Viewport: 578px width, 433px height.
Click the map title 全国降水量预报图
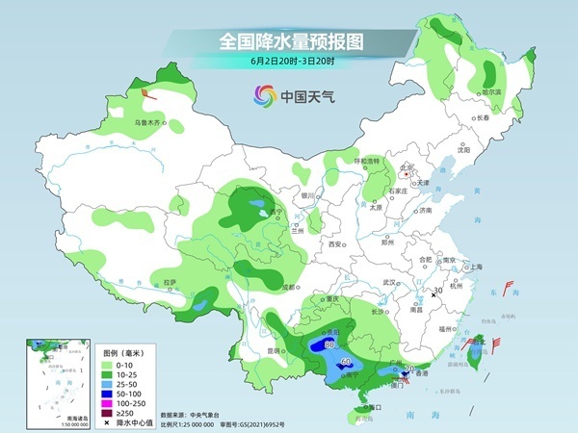(x=288, y=41)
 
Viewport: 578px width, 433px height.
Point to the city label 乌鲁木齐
(x=149, y=123)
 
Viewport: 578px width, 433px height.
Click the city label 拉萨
(x=170, y=282)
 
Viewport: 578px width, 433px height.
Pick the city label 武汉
(x=390, y=282)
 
